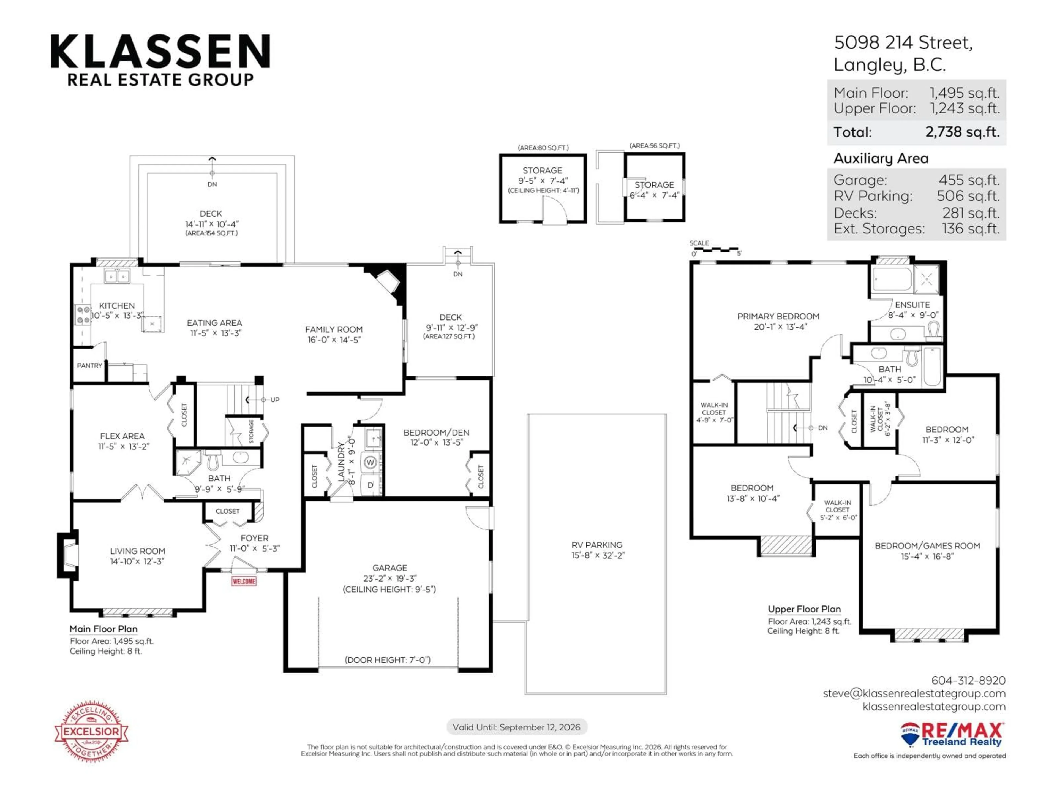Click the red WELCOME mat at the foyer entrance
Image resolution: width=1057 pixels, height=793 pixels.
coord(244,581)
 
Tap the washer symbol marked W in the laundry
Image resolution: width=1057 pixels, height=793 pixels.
coord(370,462)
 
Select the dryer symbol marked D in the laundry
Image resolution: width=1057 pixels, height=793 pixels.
coord(370,485)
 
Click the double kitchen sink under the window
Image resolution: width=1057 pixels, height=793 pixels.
coord(117,276)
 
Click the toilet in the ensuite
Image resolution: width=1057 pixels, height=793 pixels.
coord(933,330)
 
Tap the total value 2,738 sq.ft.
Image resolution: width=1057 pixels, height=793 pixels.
coord(962,132)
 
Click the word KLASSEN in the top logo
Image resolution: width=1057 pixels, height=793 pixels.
coord(160,51)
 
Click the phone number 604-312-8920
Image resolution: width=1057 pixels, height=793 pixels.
coord(968,680)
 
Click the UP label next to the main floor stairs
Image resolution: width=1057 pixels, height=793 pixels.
coord(275,400)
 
